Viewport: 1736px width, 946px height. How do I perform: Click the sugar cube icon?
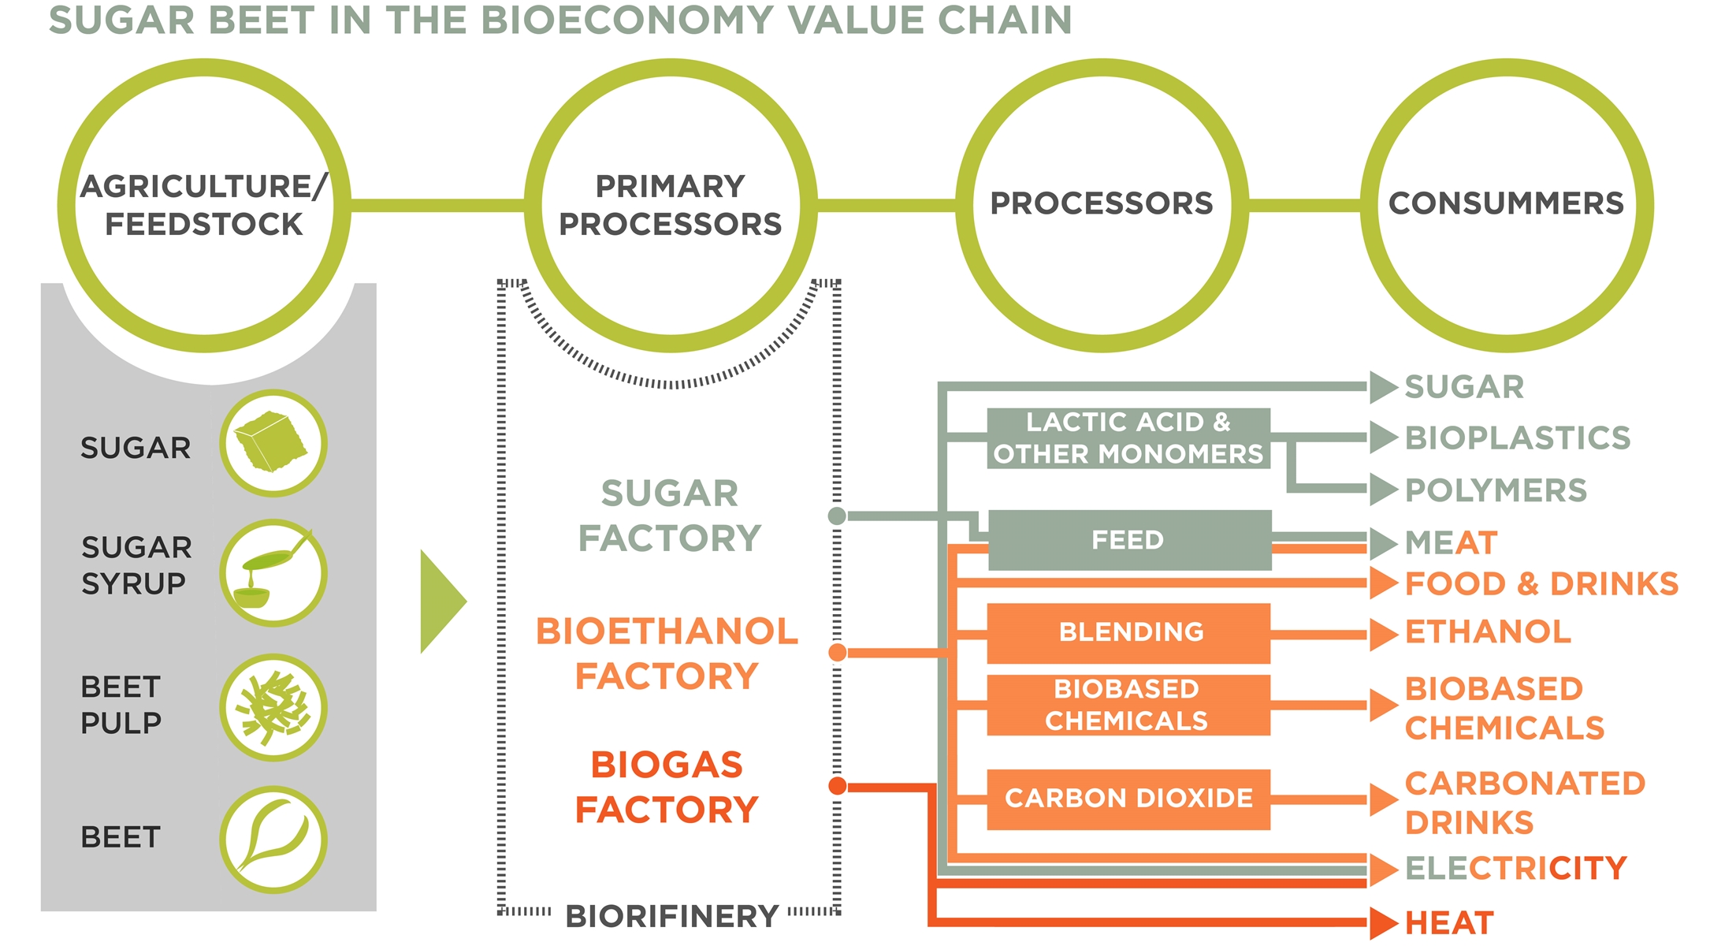click(273, 443)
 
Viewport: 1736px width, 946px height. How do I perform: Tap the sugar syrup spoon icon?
click(273, 573)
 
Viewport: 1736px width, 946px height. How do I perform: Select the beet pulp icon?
click(273, 707)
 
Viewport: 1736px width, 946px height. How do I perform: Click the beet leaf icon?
click(273, 840)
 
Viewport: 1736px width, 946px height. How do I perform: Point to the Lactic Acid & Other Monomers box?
click(1128, 438)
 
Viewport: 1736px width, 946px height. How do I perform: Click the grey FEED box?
click(1128, 540)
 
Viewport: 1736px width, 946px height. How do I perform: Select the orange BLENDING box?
click(1128, 632)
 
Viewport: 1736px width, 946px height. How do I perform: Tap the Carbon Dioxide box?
click(1128, 799)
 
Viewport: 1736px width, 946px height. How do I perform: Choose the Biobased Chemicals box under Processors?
click(1128, 705)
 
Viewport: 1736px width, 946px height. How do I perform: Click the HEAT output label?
click(1449, 923)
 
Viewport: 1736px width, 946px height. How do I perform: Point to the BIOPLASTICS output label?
click(1517, 438)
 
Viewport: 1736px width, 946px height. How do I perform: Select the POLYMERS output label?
click(1496, 490)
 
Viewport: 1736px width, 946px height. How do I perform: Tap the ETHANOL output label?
click(1488, 632)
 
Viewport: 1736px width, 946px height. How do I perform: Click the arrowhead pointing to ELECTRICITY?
click(1383, 870)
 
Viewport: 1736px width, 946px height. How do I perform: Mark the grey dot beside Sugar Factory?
click(837, 516)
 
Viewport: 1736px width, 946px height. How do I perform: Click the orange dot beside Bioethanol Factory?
click(838, 653)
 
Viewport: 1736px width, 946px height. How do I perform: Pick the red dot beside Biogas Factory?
click(838, 786)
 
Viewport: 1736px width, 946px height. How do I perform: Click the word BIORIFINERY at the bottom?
click(672, 917)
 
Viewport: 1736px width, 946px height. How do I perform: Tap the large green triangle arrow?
click(441, 601)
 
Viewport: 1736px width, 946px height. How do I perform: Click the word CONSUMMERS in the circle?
click(1506, 203)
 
